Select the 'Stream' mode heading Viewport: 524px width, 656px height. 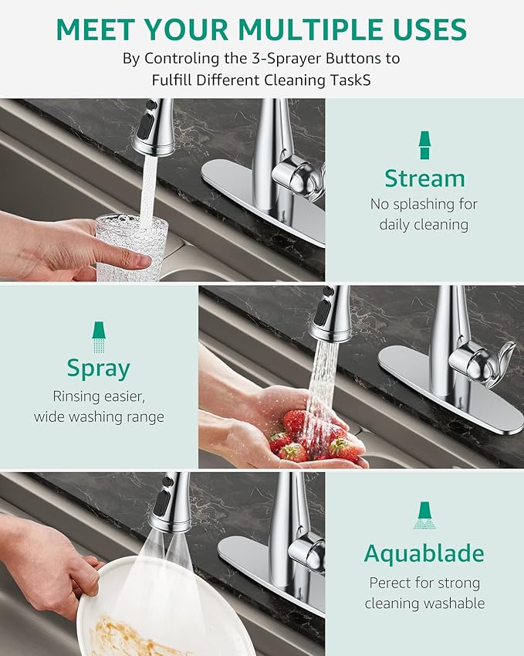(424, 178)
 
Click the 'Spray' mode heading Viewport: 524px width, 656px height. (99, 368)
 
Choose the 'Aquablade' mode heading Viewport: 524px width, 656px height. (424, 553)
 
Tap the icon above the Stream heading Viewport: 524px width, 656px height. (424, 144)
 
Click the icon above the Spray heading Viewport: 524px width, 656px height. (99, 335)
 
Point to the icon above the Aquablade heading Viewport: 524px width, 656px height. (424, 515)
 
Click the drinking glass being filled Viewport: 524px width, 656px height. (131, 247)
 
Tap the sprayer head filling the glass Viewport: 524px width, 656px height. (153, 127)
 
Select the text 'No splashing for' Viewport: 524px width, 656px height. (424, 205)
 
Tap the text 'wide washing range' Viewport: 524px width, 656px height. (99, 417)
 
